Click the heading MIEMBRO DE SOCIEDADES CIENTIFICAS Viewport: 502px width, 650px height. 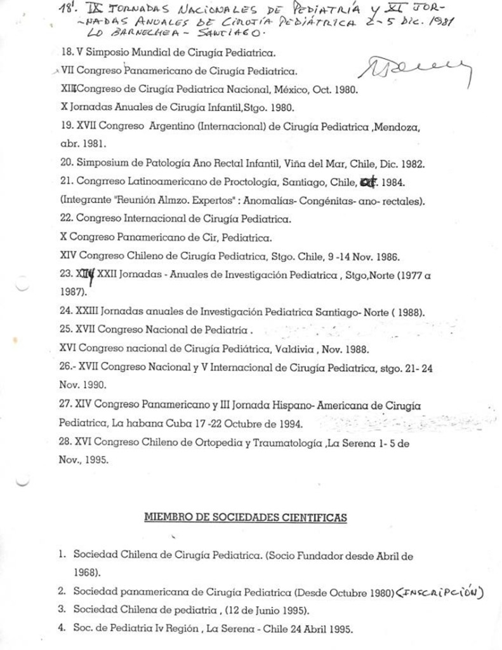coord(246,518)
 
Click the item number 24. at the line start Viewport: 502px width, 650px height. coord(66,312)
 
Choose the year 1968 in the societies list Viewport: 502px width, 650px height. coord(86,571)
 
